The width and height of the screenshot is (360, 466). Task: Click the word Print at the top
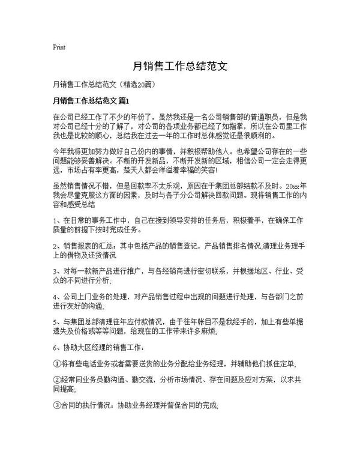[x=59, y=47]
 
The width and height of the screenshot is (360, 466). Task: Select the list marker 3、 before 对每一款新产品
[x=58, y=271]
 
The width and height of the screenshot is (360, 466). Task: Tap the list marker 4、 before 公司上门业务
[x=58, y=297]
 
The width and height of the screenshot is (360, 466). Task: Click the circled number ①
[x=57, y=364]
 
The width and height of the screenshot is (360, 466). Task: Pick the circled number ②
[x=57, y=380]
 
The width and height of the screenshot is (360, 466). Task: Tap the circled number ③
[x=57, y=406]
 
